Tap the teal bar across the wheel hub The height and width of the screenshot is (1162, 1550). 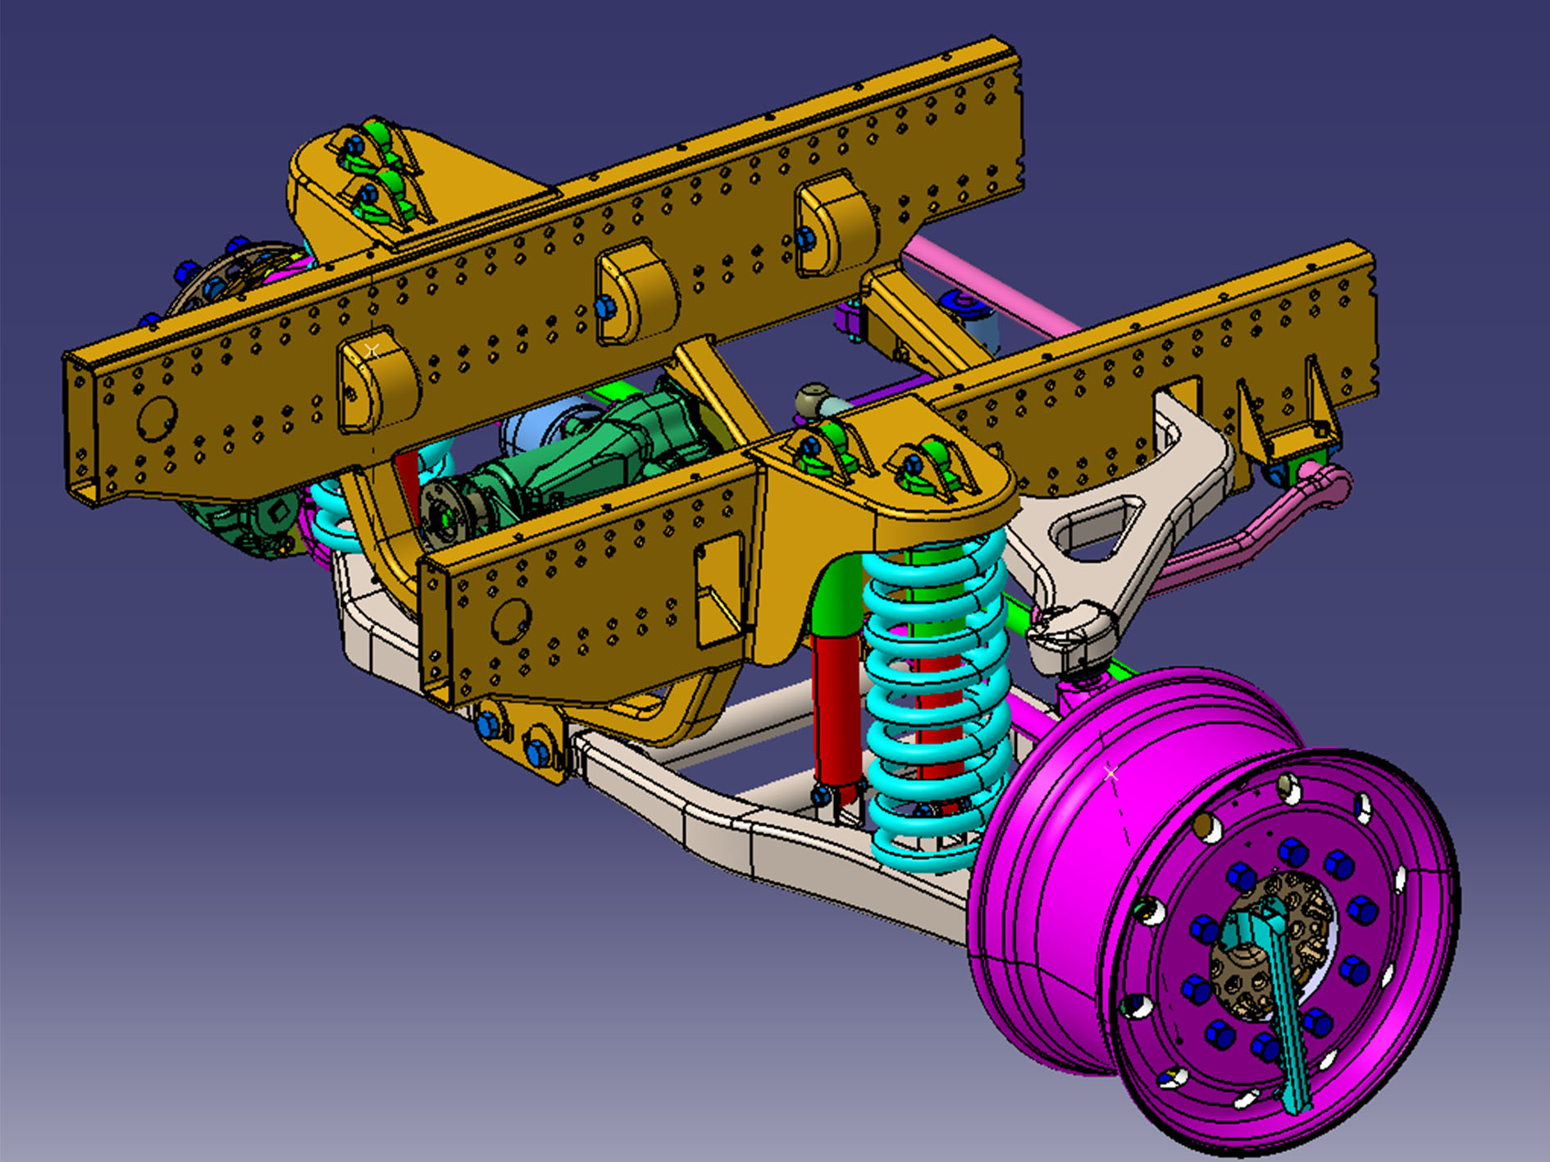tap(1280, 1000)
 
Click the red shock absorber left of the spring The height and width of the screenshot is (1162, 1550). tap(837, 705)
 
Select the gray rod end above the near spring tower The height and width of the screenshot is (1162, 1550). tap(816, 402)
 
